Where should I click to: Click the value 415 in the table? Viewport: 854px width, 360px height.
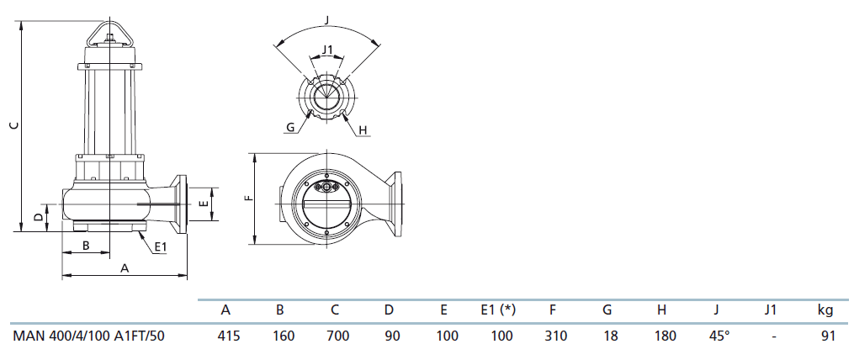click(x=229, y=336)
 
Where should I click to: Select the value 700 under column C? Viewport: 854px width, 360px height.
click(x=337, y=336)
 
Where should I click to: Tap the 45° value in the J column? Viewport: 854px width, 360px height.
click(x=719, y=336)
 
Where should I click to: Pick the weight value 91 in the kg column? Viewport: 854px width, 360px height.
click(x=828, y=336)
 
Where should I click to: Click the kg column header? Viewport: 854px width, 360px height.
click(x=825, y=310)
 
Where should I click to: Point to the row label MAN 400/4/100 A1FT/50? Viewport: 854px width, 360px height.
click(x=88, y=336)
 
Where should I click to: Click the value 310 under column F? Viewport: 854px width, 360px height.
click(x=555, y=336)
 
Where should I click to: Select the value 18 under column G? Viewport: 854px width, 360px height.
click(x=611, y=336)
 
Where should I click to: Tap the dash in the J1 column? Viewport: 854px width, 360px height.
click(x=773, y=337)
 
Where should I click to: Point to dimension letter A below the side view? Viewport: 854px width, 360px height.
click(x=125, y=268)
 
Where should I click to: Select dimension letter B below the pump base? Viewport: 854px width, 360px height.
click(x=86, y=246)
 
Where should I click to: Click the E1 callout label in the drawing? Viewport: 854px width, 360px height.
click(x=160, y=246)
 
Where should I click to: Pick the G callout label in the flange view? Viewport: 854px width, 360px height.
click(x=290, y=128)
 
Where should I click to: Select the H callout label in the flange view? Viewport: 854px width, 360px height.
click(x=363, y=130)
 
